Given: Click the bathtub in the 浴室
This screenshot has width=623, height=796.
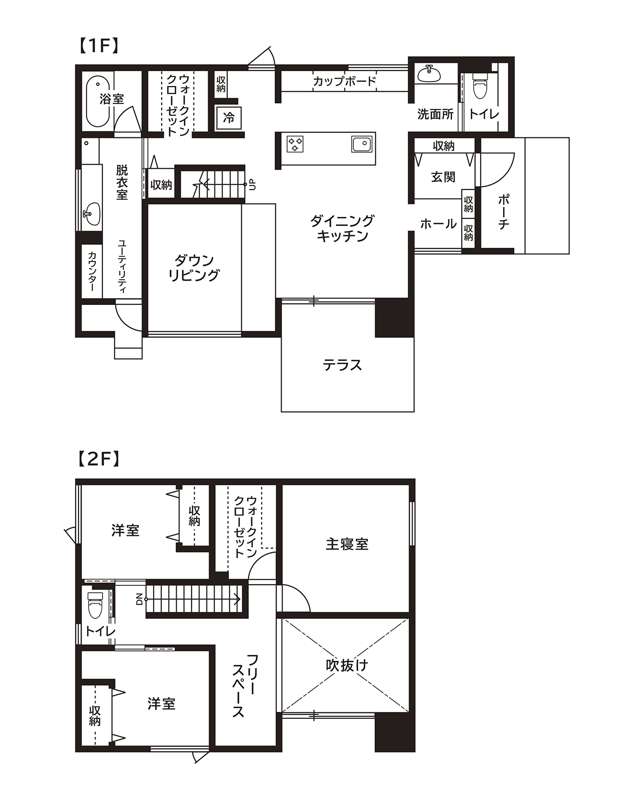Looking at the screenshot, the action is [x=98, y=101].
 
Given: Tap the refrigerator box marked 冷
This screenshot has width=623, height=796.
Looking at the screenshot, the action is [x=229, y=117].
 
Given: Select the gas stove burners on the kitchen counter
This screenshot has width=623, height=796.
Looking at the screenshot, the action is [x=295, y=144].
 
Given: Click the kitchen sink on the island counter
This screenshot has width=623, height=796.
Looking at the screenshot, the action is [x=362, y=144].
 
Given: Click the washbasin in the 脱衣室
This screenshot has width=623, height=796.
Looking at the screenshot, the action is [x=92, y=214].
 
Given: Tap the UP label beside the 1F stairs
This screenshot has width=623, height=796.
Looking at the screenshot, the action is [x=252, y=185].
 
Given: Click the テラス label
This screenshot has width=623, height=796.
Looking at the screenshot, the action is [x=342, y=365].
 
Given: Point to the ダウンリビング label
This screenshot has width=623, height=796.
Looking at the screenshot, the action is [x=194, y=268].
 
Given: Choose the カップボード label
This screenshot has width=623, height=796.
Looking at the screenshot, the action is [x=344, y=81].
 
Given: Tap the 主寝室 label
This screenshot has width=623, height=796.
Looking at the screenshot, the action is [x=347, y=544].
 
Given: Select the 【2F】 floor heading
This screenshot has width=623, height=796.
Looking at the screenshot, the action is [x=99, y=460].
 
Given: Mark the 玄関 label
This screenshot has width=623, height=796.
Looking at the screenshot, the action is [x=443, y=177].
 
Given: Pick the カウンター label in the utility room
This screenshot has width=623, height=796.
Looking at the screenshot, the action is [x=92, y=272].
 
